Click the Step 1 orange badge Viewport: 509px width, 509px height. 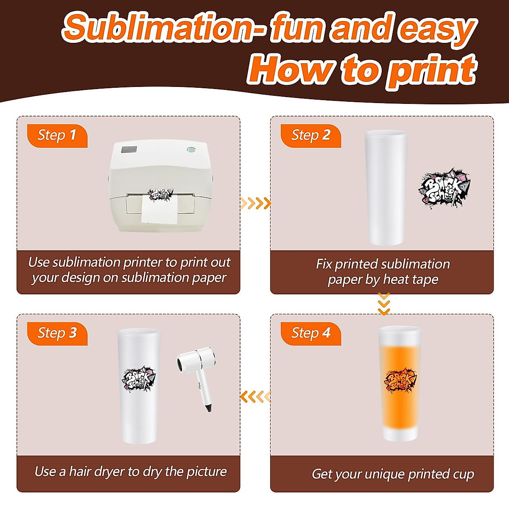coord(57,136)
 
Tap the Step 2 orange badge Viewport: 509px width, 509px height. coord(310,136)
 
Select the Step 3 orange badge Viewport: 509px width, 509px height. coord(57,333)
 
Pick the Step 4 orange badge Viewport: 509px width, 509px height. coord(310,333)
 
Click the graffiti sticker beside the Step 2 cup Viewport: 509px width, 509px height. coord(444,187)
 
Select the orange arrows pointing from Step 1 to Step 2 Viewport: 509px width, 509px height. coord(255,203)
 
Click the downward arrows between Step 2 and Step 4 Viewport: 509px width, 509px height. coord(384,304)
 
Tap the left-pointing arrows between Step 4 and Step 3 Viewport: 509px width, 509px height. coord(255,397)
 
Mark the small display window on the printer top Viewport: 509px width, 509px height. coord(129,149)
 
